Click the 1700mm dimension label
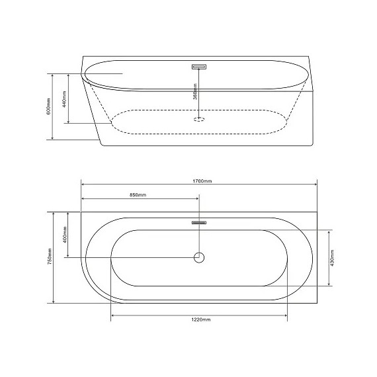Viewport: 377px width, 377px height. [202, 181]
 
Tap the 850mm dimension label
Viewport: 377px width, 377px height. [138, 194]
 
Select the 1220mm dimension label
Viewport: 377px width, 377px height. [201, 319]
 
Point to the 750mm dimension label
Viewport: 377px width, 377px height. [50, 257]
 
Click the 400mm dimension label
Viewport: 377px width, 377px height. [64, 235]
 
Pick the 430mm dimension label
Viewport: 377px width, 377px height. [332, 258]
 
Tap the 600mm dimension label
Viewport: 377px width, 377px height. [48, 106]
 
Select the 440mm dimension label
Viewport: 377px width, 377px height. [64, 99]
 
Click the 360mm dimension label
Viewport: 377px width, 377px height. [195, 91]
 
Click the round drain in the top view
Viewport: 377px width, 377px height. [199, 257]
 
